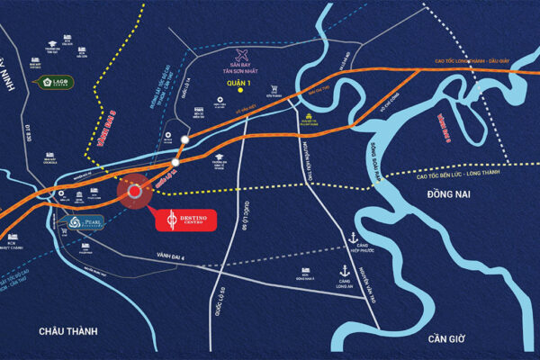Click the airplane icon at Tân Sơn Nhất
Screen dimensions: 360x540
coord(240,55)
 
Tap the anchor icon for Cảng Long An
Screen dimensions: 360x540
coord(342,269)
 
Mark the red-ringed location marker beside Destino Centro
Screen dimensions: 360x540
coord(136,192)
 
